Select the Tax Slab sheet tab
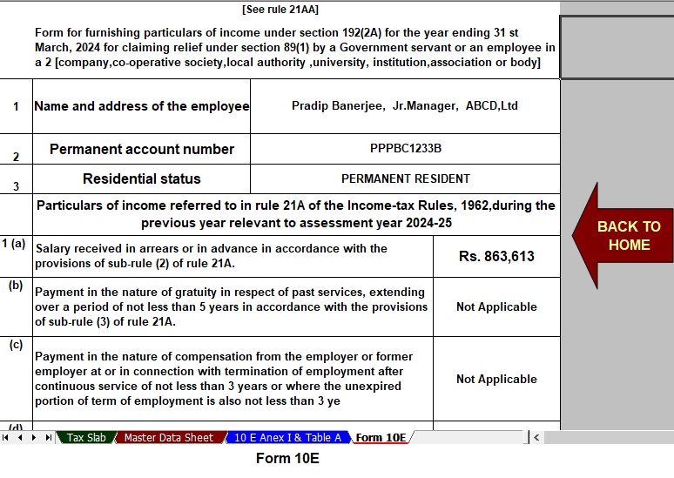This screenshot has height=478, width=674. (x=86, y=438)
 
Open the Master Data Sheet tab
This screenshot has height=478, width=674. (x=168, y=438)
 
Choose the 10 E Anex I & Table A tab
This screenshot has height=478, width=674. (x=287, y=438)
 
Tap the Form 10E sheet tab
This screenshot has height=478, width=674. (x=381, y=438)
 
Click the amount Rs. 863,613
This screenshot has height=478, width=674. (x=496, y=256)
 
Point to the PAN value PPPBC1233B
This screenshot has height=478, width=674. (x=405, y=148)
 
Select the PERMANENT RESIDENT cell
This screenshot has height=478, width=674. (x=405, y=178)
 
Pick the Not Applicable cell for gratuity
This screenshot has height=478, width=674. (x=496, y=306)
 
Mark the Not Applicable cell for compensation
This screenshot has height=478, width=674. (x=496, y=379)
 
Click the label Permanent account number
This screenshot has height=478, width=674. (x=142, y=149)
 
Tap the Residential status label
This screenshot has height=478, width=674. (x=142, y=178)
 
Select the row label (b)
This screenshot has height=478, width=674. (x=16, y=286)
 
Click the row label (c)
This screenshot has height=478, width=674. (x=16, y=345)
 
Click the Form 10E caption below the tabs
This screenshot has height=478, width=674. (x=287, y=458)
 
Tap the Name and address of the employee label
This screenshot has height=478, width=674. (x=141, y=106)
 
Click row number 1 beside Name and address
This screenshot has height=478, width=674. (x=16, y=106)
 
